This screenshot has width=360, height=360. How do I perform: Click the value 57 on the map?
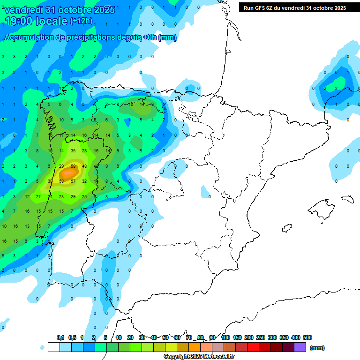point(73,181)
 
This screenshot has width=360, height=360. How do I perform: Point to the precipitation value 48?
point(84,166)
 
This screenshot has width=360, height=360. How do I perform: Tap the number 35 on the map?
point(73,150)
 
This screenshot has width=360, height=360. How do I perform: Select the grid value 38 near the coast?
point(50,181)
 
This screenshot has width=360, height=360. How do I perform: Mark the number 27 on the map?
point(38,196)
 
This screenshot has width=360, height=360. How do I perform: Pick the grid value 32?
point(84,181)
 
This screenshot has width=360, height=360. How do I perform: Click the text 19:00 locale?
point(36,21)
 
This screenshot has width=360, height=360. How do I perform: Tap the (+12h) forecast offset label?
point(81,21)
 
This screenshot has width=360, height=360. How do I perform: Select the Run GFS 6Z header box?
point(295,7)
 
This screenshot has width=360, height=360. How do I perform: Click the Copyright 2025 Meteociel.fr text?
point(199,357)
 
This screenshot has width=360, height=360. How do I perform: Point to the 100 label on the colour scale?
point(225,337)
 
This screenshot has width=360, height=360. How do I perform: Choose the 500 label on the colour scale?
point(307,337)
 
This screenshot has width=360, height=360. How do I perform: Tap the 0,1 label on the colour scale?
point(60,337)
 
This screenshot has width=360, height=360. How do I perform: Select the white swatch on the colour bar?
point(53,347)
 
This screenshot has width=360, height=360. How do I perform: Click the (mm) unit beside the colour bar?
point(317,348)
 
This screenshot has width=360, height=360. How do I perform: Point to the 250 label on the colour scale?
point(261,337)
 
